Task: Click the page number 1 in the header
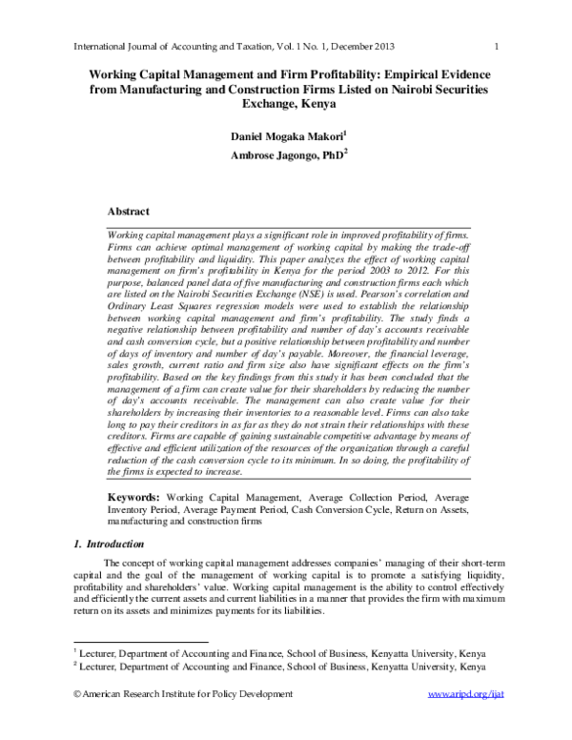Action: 499,47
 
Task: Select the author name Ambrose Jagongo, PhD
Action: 283,156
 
